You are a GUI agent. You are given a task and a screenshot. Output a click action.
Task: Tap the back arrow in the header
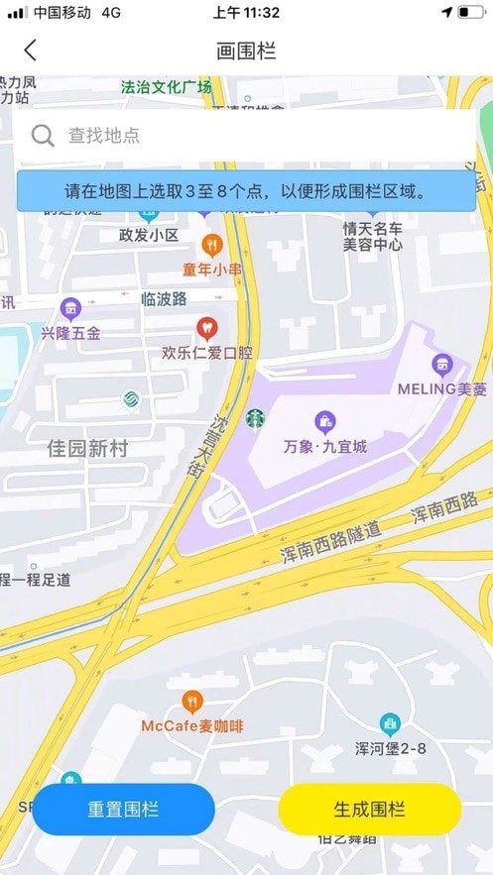31,51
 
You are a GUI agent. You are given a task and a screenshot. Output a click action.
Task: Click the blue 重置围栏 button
123,810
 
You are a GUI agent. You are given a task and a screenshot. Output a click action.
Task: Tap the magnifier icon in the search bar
43,136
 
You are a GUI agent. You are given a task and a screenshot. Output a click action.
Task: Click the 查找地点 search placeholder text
104,136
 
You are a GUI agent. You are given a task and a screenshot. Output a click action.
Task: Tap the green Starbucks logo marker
256,419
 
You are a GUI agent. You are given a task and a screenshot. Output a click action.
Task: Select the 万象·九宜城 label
324,447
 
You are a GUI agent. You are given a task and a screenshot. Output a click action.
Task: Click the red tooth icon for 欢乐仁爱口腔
206,326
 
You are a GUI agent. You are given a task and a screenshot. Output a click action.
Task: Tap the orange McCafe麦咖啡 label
192,726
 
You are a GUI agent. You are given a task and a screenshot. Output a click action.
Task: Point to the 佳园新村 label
88,449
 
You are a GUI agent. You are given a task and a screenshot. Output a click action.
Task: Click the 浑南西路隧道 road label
330,542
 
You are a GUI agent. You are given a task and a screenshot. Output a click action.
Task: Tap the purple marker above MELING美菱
442,364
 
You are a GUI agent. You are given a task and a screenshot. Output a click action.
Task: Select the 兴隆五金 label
70,333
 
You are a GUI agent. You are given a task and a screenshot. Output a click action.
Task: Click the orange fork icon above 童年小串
211,244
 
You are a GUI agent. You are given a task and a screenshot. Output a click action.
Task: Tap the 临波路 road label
164,298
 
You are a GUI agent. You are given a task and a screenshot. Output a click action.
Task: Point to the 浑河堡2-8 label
391,748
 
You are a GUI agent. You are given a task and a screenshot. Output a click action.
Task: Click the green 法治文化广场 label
166,87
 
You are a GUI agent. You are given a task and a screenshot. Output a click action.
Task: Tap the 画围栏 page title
246,51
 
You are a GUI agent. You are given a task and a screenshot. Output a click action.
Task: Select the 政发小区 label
148,235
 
